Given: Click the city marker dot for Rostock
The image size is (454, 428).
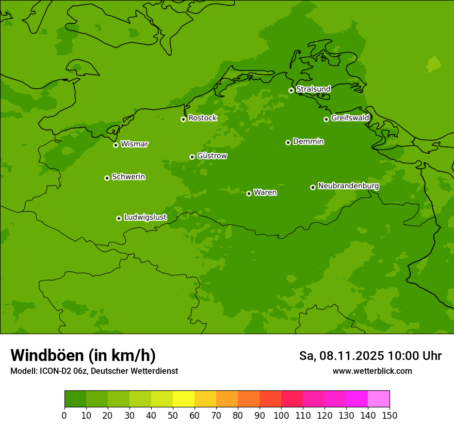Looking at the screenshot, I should (x=183, y=119).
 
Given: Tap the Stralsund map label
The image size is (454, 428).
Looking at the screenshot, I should (x=313, y=89).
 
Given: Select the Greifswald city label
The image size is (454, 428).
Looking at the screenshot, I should (x=350, y=118).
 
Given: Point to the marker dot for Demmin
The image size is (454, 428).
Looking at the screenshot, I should (x=288, y=142).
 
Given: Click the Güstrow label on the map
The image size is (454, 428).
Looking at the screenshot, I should (x=212, y=156).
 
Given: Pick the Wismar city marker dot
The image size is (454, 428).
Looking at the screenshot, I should (x=116, y=145).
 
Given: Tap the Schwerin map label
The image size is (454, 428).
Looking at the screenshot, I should (x=128, y=177).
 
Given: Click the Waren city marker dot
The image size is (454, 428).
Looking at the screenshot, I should (x=249, y=193).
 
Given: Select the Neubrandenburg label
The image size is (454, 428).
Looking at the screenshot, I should (x=348, y=186).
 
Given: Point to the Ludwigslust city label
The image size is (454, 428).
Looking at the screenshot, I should (x=145, y=218).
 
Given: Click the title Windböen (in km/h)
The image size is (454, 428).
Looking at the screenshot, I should (x=83, y=355).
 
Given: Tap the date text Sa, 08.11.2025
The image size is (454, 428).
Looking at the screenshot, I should (x=342, y=356).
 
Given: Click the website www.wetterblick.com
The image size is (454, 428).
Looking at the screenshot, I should (x=372, y=371).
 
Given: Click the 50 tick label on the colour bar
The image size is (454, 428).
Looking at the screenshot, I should (x=173, y=416).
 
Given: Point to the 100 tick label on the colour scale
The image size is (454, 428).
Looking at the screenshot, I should (x=281, y=416).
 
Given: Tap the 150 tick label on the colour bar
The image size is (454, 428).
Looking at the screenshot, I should (x=390, y=416).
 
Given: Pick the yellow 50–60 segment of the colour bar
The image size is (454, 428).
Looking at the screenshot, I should (x=184, y=399).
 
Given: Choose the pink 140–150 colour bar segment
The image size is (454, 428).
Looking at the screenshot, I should (x=379, y=399).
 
